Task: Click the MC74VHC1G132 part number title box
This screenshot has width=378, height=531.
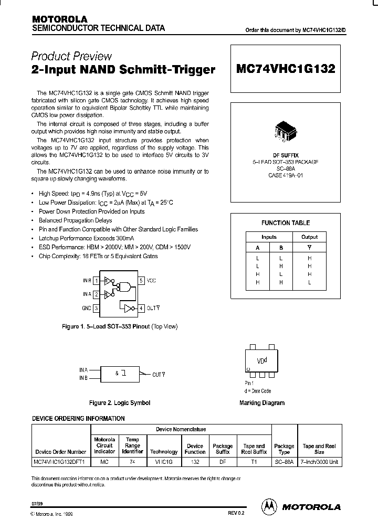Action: [286, 69]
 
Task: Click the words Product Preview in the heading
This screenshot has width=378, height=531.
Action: [71, 56]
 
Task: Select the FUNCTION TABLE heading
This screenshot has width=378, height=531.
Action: [286, 223]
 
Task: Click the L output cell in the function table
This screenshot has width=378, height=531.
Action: [309, 282]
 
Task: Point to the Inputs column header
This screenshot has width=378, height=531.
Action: [269, 237]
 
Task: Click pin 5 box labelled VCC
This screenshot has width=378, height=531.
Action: [141, 281]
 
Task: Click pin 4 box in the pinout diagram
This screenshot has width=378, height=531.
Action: [141, 308]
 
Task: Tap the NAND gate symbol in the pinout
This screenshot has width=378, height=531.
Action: [125, 286]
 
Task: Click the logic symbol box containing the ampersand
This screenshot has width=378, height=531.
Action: [120, 374]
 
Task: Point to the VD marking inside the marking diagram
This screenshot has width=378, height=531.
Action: [261, 361]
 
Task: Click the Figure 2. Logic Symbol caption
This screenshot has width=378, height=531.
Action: [120, 403]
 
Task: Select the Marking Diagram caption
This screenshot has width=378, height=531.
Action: [261, 403]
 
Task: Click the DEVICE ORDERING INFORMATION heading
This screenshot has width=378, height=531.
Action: [79, 418]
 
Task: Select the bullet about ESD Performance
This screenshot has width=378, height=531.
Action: [114, 247]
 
